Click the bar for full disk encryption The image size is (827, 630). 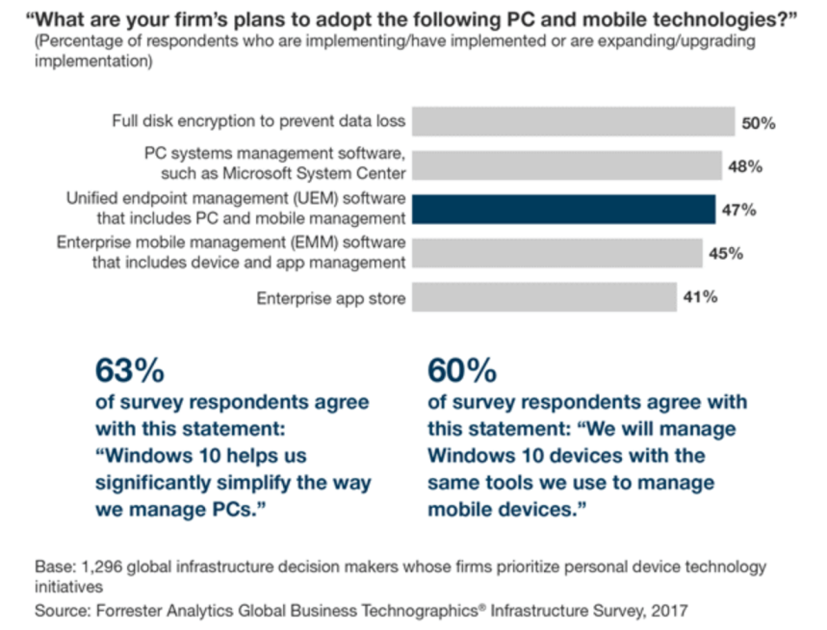point(573,122)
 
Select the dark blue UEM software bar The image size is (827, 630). point(563,210)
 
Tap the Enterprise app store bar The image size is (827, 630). point(544,298)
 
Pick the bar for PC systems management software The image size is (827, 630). point(567,165)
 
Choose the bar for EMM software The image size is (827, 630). point(557,253)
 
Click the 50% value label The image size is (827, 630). point(759,123)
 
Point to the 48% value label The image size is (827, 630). point(745,166)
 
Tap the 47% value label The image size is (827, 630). point(738,211)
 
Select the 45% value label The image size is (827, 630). point(725,254)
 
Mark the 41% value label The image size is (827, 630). point(700,297)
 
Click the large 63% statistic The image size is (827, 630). point(129,369)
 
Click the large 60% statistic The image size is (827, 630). point(462,369)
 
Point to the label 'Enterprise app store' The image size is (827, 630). point(330,299)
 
